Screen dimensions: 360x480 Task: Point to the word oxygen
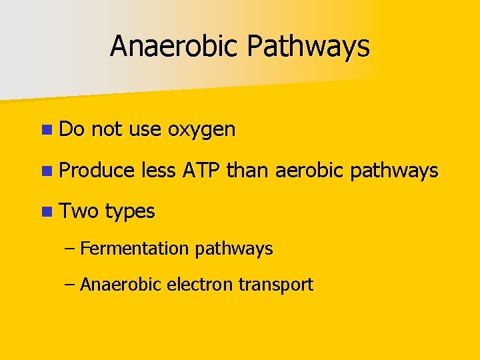point(202,130)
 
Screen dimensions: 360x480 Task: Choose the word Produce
point(97,171)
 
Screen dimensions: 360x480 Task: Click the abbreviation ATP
point(202,171)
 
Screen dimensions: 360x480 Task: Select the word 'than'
point(247,171)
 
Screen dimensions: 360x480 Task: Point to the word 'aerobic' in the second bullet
point(306,171)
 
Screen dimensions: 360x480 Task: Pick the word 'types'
point(130,213)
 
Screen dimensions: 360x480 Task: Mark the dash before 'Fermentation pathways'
point(71,249)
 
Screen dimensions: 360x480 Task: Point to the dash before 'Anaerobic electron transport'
point(71,285)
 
